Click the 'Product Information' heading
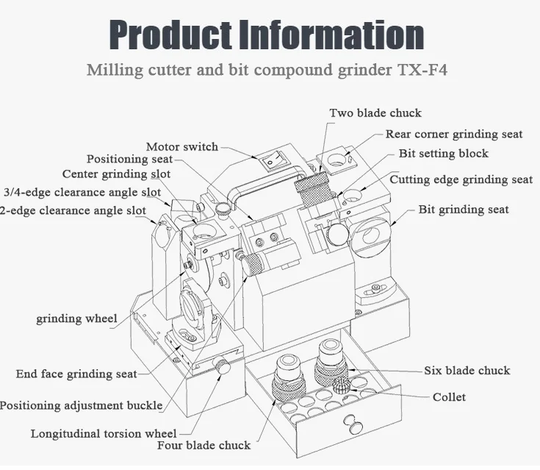click(x=267, y=35)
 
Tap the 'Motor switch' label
click(x=181, y=146)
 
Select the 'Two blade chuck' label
click(x=375, y=113)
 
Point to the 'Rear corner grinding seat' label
click(x=454, y=134)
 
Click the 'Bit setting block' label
click(x=443, y=154)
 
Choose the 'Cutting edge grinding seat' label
click(x=461, y=179)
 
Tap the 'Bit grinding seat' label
click(x=464, y=210)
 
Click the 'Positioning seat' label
click(x=129, y=159)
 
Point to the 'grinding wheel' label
click(x=76, y=319)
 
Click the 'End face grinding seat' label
click(x=76, y=374)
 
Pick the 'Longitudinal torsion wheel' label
click(x=104, y=433)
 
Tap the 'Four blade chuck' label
click(x=204, y=445)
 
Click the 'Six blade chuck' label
click(x=467, y=370)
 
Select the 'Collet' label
click(x=449, y=397)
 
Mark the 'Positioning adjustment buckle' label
click(x=81, y=405)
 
